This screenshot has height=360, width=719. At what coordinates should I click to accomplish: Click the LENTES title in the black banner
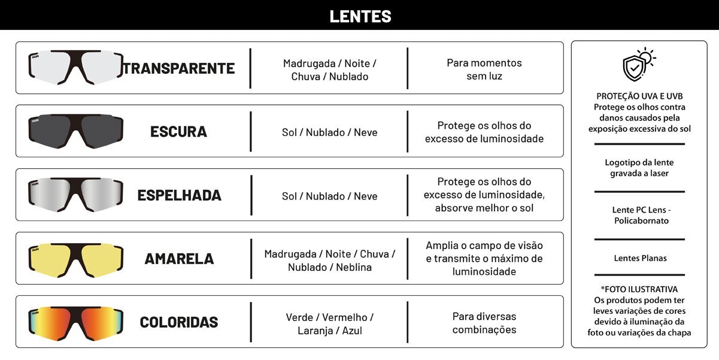(360, 16)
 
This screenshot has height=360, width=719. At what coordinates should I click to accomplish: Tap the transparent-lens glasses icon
(75, 68)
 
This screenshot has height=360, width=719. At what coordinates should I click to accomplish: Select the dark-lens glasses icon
(75, 131)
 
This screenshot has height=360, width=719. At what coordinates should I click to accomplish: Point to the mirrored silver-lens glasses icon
(75, 195)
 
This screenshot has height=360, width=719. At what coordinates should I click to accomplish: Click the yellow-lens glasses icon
(75, 258)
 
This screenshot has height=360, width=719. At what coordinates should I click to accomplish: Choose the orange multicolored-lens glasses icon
(75, 322)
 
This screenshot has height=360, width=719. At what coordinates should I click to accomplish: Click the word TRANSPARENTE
(179, 68)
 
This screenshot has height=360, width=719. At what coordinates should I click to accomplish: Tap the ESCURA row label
(178, 132)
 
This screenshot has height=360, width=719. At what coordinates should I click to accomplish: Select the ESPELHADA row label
(179, 195)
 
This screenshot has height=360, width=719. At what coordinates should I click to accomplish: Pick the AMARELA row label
(179, 259)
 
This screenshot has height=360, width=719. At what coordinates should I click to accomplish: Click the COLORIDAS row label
(179, 322)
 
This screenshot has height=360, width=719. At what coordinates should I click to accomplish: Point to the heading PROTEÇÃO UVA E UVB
(639, 96)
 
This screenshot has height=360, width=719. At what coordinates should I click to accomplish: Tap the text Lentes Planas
(640, 258)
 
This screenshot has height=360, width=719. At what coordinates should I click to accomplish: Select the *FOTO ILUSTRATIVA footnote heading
(639, 289)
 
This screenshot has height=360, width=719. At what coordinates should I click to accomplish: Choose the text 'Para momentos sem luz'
(484, 69)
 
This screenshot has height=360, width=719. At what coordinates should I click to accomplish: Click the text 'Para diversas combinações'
(484, 323)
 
